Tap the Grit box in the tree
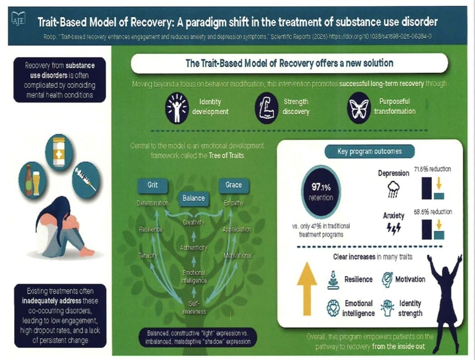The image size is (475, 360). [x=152, y=186]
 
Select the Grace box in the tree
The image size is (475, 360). [x=233, y=185]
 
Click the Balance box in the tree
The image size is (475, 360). [x=194, y=198]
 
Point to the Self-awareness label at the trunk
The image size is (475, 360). [x=194, y=307]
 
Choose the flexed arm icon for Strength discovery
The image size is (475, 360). [x=267, y=108]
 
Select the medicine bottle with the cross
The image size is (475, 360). [x=59, y=152]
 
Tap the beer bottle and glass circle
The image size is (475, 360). [x=32, y=180]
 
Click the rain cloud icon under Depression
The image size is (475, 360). [x=394, y=189]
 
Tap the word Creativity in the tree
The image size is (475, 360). [x=194, y=222]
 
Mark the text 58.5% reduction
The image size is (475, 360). [x=432, y=212]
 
